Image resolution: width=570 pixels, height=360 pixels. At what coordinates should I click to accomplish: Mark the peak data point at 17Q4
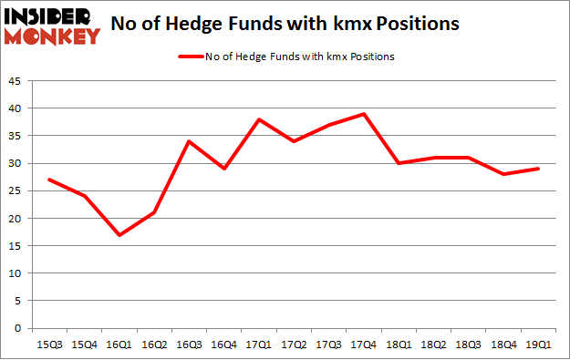pyautogui.click(x=364, y=114)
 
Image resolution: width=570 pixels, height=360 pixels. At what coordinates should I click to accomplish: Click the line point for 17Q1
pyautogui.click(x=259, y=119)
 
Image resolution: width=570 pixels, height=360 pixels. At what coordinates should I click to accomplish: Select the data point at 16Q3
pyautogui.click(x=188, y=141)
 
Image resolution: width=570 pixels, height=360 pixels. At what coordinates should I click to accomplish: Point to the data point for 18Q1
pyautogui.click(x=399, y=163)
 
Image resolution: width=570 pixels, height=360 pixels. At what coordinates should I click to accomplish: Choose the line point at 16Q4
pyautogui.click(x=223, y=169)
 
